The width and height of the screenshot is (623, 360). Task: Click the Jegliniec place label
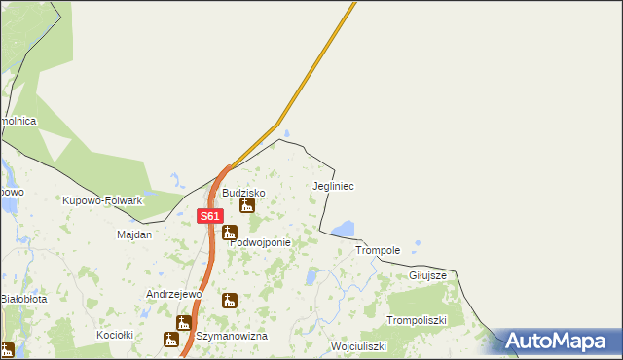point(333,185)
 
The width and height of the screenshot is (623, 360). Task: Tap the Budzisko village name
point(243,193)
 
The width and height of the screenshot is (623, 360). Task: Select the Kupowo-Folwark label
point(102,200)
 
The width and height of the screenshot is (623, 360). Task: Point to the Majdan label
point(134,235)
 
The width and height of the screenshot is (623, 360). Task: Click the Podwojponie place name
point(260,243)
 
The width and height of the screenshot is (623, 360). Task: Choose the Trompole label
point(378,250)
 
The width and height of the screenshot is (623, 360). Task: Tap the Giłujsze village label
point(427,275)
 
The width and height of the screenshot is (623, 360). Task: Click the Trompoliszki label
point(416,320)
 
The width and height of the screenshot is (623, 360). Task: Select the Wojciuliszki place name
point(358,346)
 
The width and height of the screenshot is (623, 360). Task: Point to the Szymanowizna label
point(232,336)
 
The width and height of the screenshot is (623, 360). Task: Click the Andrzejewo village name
point(173,293)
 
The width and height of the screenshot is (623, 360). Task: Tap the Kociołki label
point(114,335)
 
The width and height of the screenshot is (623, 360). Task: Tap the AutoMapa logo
point(559,342)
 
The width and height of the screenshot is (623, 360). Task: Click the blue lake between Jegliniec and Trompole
point(343,230)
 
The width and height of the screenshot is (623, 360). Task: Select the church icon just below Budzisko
point(247,206)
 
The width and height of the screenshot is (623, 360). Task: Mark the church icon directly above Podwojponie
point(229,232)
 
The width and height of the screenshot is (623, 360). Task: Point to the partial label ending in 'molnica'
point(18,120)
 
